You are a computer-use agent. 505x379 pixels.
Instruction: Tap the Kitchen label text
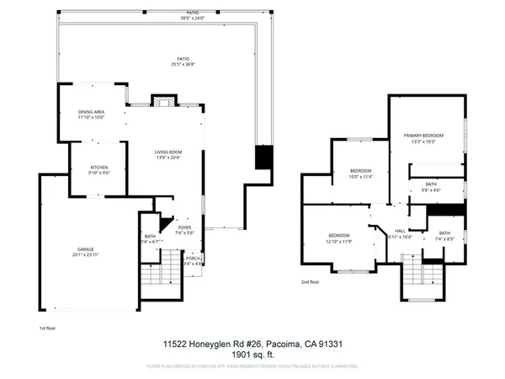pyautogui.click(x=99, y=168)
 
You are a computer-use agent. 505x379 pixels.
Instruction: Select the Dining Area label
pyautogui.click(x=91, y=112)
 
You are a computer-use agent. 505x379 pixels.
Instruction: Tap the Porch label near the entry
pyautogui.click(x=194, y=259)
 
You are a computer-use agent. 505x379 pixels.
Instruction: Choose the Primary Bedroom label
pyautogui.click(x=423, y=135)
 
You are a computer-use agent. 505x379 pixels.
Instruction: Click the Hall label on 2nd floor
pyautogui.click(x=401, y=231)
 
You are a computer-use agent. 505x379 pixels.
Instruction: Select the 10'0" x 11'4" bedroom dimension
pyautogui.click(x=360, y=178)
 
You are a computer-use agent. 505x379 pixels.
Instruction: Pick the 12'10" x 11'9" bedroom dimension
pyautogui.click(x=339, y=242)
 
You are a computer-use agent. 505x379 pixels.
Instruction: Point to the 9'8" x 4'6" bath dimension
pyautogui.click(x=430, y=190)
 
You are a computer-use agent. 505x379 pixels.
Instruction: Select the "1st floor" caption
pyautogui.click(x=48, y=327)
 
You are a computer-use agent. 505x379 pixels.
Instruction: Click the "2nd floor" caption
pyautogui.click(x=311, y=282)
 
